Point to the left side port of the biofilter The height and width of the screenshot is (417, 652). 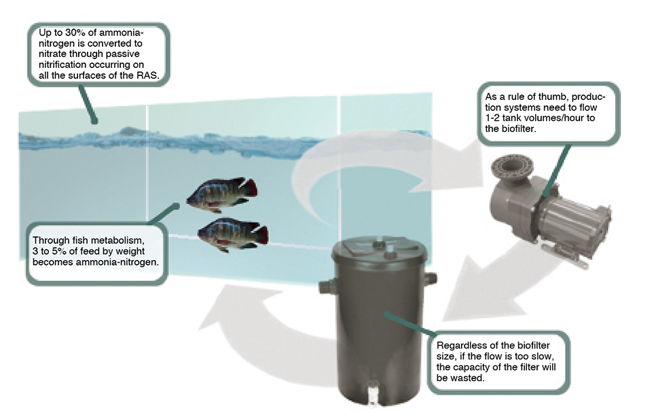(326, 285)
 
